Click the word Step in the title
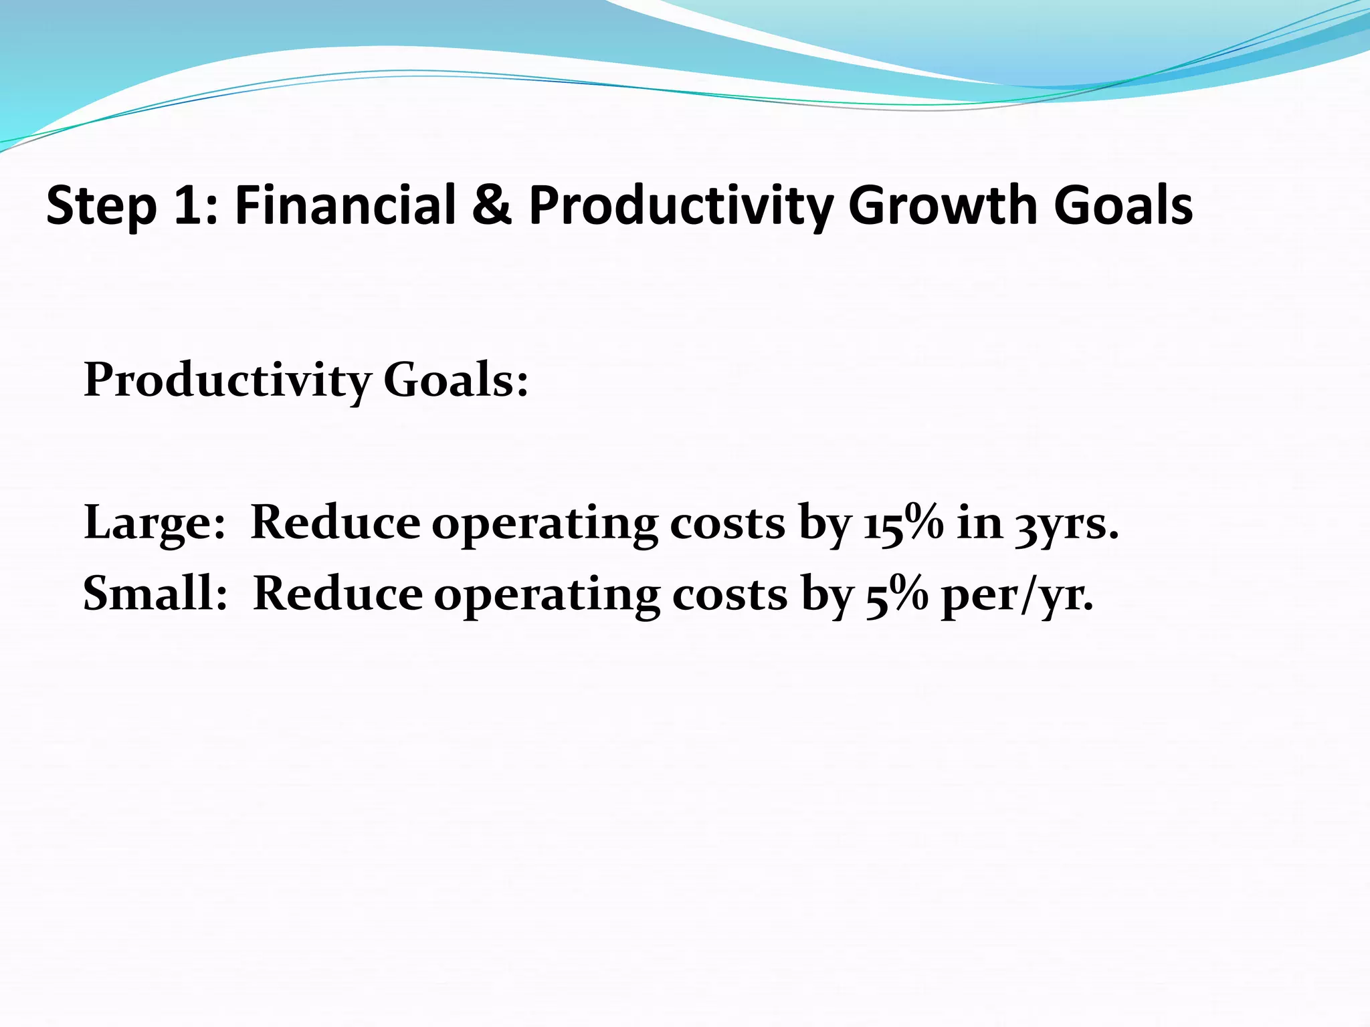[100, 206]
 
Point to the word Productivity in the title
[681, 206]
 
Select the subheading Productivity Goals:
[306, 381]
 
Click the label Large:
[154, 524]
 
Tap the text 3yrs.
[1066, 524]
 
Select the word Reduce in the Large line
[335, 522]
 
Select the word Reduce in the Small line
[338, 594]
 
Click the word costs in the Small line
[729, 594]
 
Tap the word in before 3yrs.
[979, 522]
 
